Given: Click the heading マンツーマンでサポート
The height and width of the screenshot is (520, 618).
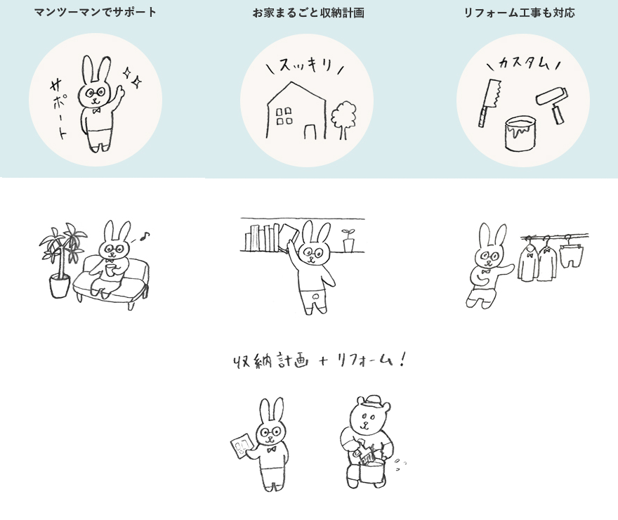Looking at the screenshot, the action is pyautogui.click(x=96, y=12).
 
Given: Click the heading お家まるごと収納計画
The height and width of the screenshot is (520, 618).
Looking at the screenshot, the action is pyautogui.click(x=308, y=13).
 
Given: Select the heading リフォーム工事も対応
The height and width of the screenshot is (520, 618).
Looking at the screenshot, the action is pyautogui.click(x=519, y=13).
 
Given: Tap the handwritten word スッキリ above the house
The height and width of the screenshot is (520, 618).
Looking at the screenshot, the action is pyautogui.click(x=305, y=65).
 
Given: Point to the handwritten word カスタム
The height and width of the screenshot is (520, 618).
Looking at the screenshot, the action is pyautogui.click(x=524, y=63).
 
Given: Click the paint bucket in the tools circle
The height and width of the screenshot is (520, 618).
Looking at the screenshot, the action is pyautogui.click(x=520, y=134).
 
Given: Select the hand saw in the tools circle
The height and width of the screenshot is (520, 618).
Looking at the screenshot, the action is pyautogui.click(x=489, y=103).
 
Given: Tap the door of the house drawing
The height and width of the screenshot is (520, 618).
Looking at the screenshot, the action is pyautogui.click(x=310, y=131).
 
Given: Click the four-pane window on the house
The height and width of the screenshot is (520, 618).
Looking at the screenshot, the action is pyautogui.click(x=284, y=116).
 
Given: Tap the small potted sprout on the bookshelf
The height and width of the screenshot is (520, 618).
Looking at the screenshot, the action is pyautogui.click(x=348, y=240).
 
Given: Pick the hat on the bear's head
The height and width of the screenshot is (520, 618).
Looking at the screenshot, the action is pyautogui.click(x=373, y=403).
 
